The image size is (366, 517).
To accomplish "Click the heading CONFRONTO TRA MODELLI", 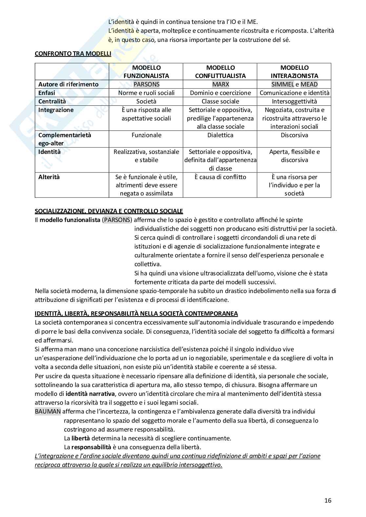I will (x=73, y=54).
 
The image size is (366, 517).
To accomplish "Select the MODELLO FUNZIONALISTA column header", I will (x=146, y=72).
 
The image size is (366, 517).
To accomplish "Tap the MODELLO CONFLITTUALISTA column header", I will (x=220, y=72).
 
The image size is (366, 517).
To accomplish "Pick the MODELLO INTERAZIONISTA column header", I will (x=294, y=72).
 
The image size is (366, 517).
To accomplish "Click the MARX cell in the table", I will (x=220, y=84).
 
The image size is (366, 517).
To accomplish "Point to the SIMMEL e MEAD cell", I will (x=294, y=84).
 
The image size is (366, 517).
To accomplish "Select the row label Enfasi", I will (x=47, y=93).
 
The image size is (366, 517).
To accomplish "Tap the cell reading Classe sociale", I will (x=220, y=101).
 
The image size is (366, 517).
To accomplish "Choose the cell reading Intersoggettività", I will (x=294, y=101).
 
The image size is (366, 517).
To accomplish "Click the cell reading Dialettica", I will (x=220, y=135).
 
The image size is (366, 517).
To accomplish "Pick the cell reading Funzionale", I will (x=146, y=135).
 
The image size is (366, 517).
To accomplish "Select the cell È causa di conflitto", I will (x=220, y=177).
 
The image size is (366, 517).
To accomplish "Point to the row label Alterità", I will (x=49, y=177).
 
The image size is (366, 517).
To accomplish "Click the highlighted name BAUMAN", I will (x=48, y=412).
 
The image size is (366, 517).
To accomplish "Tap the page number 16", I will (x=328, y=500).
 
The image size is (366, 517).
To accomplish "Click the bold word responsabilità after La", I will (x=91, y=447).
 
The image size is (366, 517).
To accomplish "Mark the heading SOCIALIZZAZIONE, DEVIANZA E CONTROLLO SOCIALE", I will (x=109, y=211).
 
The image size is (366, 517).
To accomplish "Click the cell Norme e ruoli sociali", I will (x=146, y=93).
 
